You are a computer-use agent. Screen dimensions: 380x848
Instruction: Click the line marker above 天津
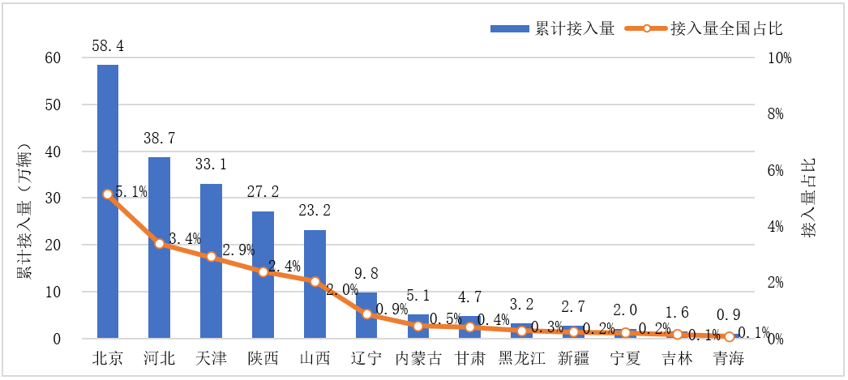[x=212, y=257]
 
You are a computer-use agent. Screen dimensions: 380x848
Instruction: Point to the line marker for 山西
[x=315, y=281]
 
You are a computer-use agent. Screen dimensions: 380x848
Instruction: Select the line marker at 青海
[x=730, y=336]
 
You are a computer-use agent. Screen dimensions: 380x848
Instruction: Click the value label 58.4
[x=108, y=45]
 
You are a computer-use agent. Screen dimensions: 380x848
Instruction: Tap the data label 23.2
[x=315, y=210]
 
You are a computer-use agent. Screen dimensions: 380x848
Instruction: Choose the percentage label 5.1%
[x=131, y=192]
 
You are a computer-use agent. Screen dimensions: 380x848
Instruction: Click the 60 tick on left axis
[x=53, y=58]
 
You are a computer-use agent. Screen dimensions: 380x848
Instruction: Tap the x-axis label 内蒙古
[x=418, y=359]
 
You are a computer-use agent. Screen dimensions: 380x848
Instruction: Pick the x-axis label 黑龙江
[x=522, y=359]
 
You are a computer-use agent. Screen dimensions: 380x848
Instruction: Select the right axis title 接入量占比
[x=808, y=198]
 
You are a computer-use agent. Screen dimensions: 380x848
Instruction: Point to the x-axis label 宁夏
[x=625, y=359]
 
